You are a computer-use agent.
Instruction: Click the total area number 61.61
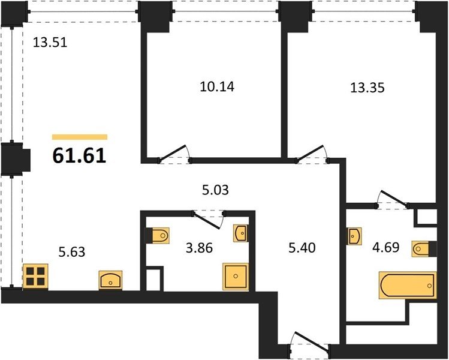79,156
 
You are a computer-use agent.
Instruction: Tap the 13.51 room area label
50,43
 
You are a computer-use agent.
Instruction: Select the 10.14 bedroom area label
217,86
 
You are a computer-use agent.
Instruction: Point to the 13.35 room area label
367,88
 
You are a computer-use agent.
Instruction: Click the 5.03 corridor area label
215,190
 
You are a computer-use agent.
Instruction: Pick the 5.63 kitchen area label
72,252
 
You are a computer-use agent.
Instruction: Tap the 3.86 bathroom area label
199,248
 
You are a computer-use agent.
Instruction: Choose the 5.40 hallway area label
302,248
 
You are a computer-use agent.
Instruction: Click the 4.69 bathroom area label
385,247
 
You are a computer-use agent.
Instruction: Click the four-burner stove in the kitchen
35,277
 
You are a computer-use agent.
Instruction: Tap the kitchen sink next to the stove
110,280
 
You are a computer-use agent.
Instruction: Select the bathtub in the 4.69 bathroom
408,285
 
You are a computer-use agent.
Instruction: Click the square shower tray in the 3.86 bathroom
236,277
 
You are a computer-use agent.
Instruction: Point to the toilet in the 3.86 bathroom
158,236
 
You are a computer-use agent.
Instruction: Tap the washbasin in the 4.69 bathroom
354,236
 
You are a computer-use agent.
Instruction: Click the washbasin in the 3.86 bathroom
241,233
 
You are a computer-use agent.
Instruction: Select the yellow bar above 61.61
80,137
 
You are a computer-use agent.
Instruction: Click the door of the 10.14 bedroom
174,154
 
